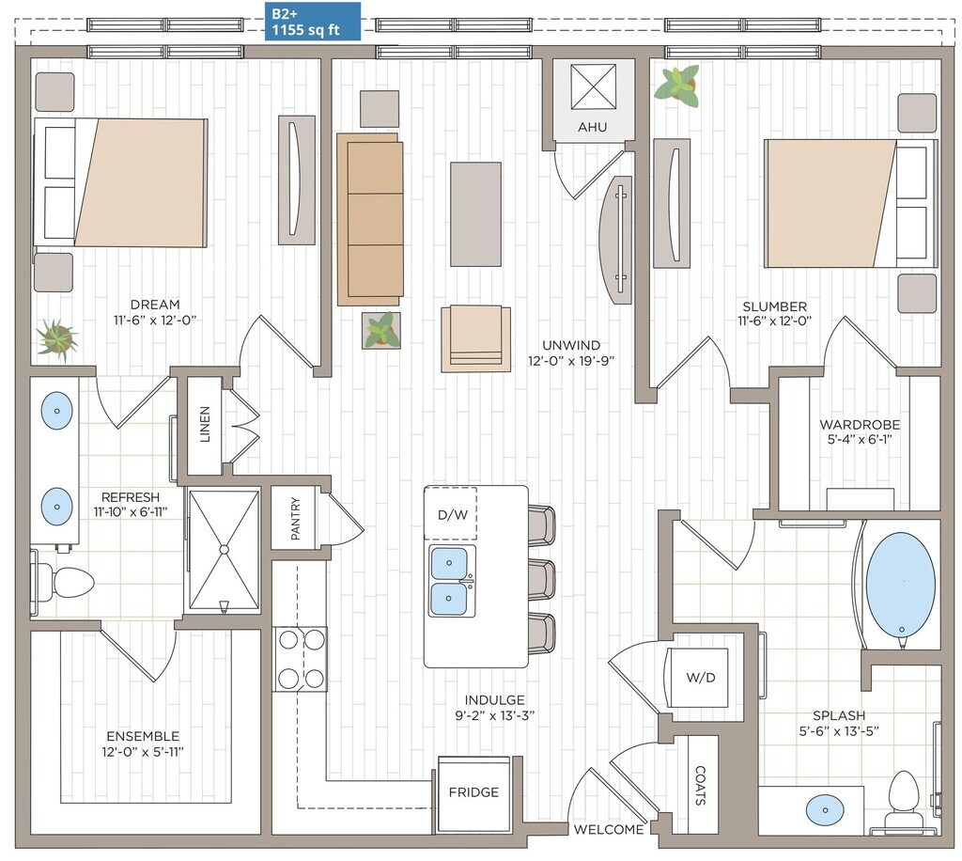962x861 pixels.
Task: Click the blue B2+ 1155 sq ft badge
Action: pos(312,22)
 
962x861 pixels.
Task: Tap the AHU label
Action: pos(592,127)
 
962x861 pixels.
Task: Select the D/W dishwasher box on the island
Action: pos(451,513)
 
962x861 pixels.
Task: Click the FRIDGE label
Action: pos(473,792)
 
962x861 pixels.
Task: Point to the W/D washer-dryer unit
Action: pos(699,678)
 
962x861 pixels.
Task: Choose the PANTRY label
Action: pos(295,519)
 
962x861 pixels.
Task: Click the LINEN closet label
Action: pos(205,424)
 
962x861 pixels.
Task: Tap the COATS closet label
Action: pos(700,785)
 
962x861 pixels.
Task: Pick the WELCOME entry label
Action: pos(609,830)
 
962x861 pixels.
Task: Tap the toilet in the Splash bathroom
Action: pos(904,800)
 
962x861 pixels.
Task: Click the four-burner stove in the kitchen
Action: pos(301,659)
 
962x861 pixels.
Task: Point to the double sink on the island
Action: pos(452,581)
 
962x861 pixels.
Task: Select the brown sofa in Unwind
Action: pos(370,219)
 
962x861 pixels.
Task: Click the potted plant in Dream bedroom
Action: pos(57,339)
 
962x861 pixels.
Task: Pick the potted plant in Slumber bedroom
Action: pos(677,86)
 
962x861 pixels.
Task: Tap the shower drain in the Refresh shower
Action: pos(224,549)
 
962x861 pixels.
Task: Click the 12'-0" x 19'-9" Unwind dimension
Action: pos(571,361)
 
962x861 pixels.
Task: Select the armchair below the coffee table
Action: pos(475,338)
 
